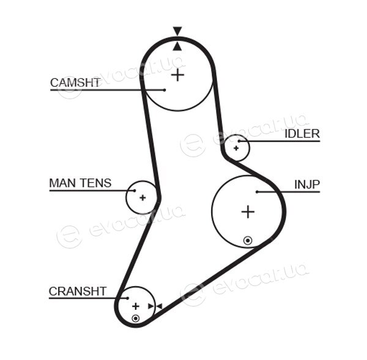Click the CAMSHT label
click(x=75, y=83)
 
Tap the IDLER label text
click(x=302, y=134)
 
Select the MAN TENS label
click(x=80, y=183)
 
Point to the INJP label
click(x=307, y=185)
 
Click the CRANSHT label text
click(x=78, y=291)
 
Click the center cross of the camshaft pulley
click(x=178, y=75)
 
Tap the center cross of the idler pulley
click(x=236, y=148)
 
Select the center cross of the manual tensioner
click(x=143, y=198)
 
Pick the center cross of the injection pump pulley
click(x=248, y=211)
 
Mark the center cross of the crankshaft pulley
click(x=136, y=306)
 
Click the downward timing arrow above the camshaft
click(x=177, y=31)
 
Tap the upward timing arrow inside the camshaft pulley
click(x=177, y=46)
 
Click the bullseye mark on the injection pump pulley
click(x=248, y=240)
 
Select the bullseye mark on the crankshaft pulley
click(x=136, y=318)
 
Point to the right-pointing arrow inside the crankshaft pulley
click(x=150, y=306)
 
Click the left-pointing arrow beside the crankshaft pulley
click(x=159, y=306)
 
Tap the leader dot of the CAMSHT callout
click(x=165, y=90)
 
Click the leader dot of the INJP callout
click(x=257, y=192)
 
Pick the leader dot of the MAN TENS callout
click(x=135, y=191)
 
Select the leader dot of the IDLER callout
click(x=239, y=141)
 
